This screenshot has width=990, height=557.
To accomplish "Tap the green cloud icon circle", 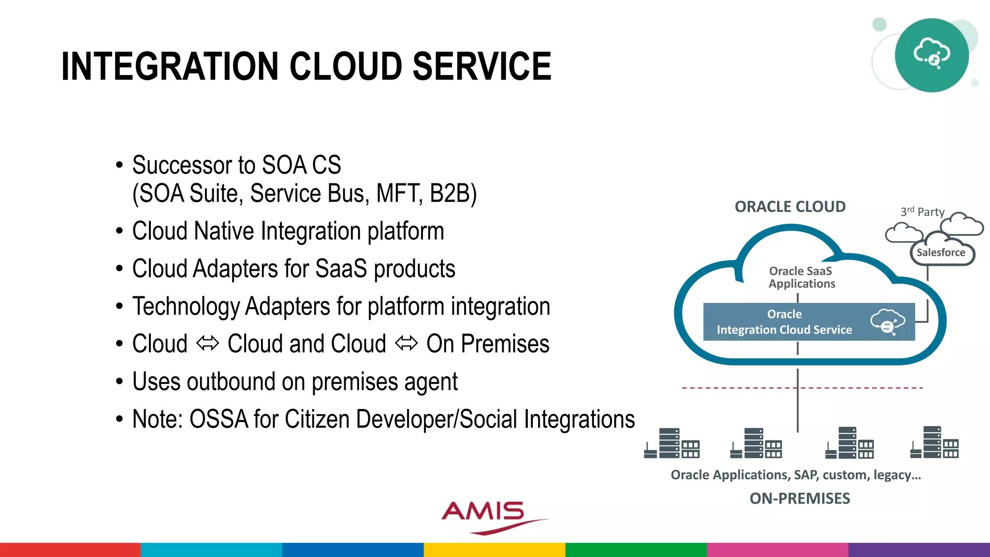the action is tap(932, 55).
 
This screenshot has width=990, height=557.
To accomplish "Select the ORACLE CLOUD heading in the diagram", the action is tap(790, 207).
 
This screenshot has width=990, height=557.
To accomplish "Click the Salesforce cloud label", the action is tap(941, 252).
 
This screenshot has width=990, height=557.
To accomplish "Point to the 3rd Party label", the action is tap(922, 212).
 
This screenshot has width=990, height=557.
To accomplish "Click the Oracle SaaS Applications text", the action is tap(801, 278).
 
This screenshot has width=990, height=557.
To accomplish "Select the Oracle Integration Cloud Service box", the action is tap(808, 322).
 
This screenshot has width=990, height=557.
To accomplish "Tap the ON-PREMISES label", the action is tap(800, 498).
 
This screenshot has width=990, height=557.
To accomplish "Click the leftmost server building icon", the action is tap(672, 443).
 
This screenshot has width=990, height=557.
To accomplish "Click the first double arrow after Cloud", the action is tap(207, 344).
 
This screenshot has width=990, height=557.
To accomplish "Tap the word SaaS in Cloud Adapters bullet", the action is tap(341, 269).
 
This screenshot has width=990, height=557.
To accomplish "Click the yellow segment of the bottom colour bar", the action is tap(494, 550).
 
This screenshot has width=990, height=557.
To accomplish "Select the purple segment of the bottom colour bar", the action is tap(918, 550).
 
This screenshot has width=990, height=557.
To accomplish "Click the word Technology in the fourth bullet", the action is tap(186, 307).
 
